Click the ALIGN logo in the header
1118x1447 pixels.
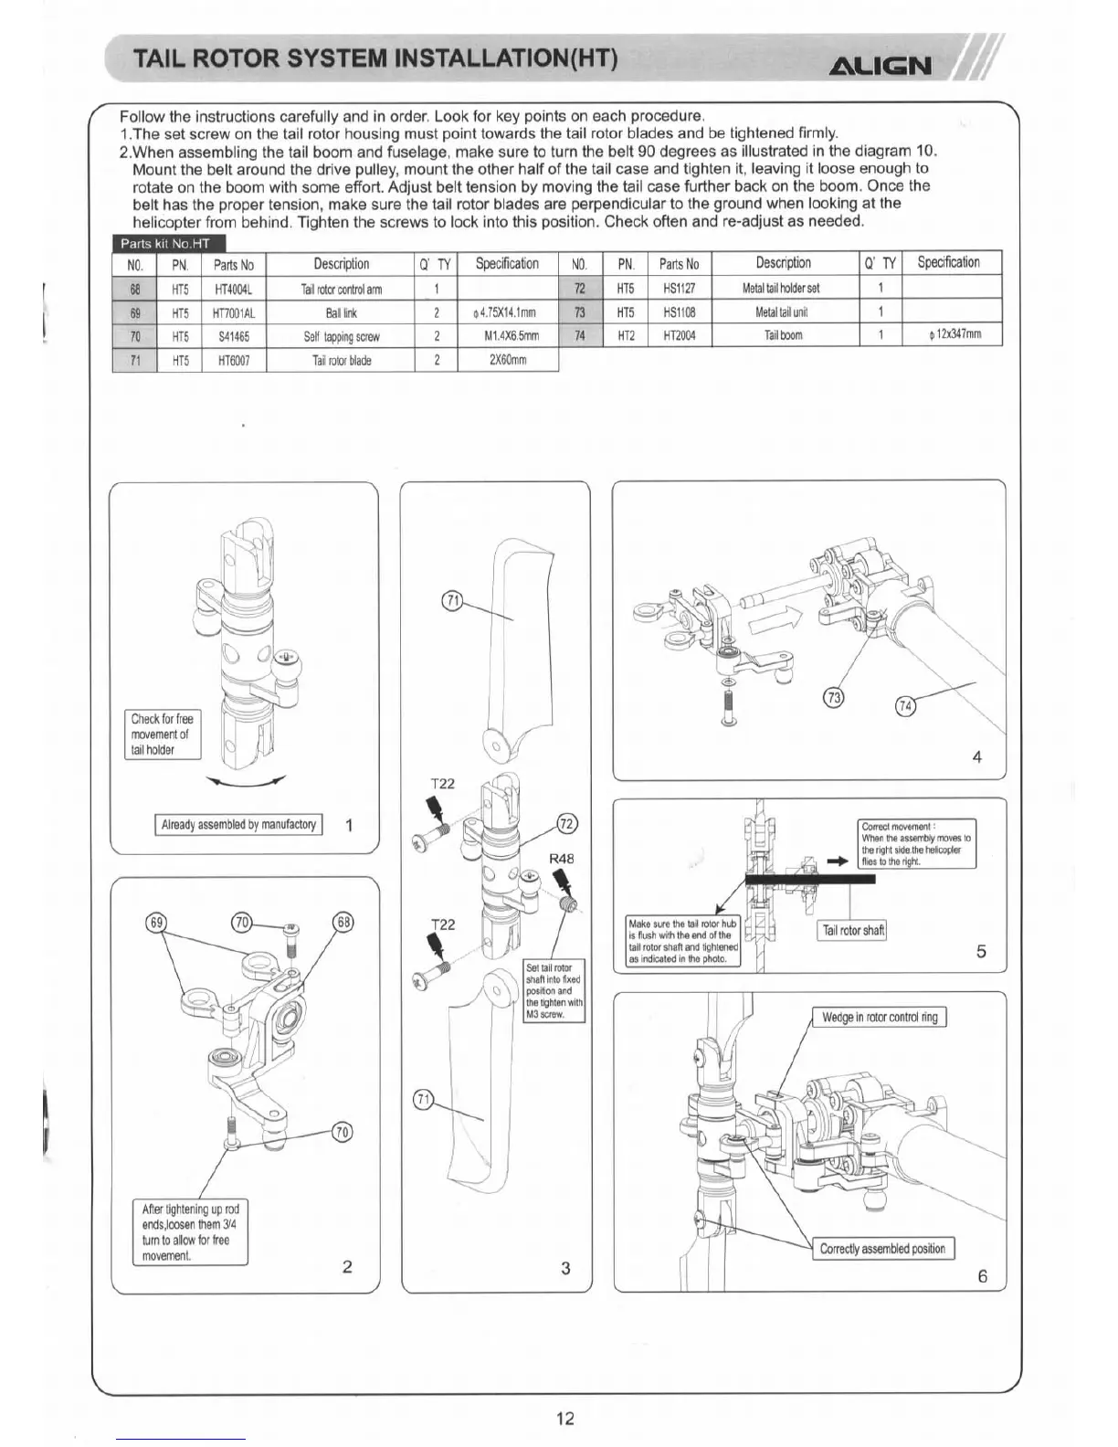(x=880, y=66)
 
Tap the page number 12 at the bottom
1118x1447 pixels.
(x=565, y=1417)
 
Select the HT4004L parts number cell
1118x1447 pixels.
(x=233, y=290)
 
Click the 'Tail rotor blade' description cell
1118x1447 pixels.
(x=342, y=360)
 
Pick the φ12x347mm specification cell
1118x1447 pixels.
(x=954, y=334)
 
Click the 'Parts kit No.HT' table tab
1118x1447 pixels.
(x=165, y=243)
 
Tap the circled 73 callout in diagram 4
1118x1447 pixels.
(x=834, y=697)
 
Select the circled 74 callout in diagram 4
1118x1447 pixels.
(x=906, y=706)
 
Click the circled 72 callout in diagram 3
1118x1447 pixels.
(x=566, y=824)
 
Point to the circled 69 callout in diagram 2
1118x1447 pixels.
(x=156, y=922)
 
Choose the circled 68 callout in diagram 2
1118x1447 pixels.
(x=343, y=922)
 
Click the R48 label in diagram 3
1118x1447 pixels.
(x=561, y=859)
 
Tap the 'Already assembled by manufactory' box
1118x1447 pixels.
(x=238, y=824)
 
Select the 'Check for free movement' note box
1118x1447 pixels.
(x=163, y=734)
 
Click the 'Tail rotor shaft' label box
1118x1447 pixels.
(x=852, y=930)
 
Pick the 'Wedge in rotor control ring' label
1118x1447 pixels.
(x=879, y=1017)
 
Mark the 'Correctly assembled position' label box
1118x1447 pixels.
(x=882, y=1249)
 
